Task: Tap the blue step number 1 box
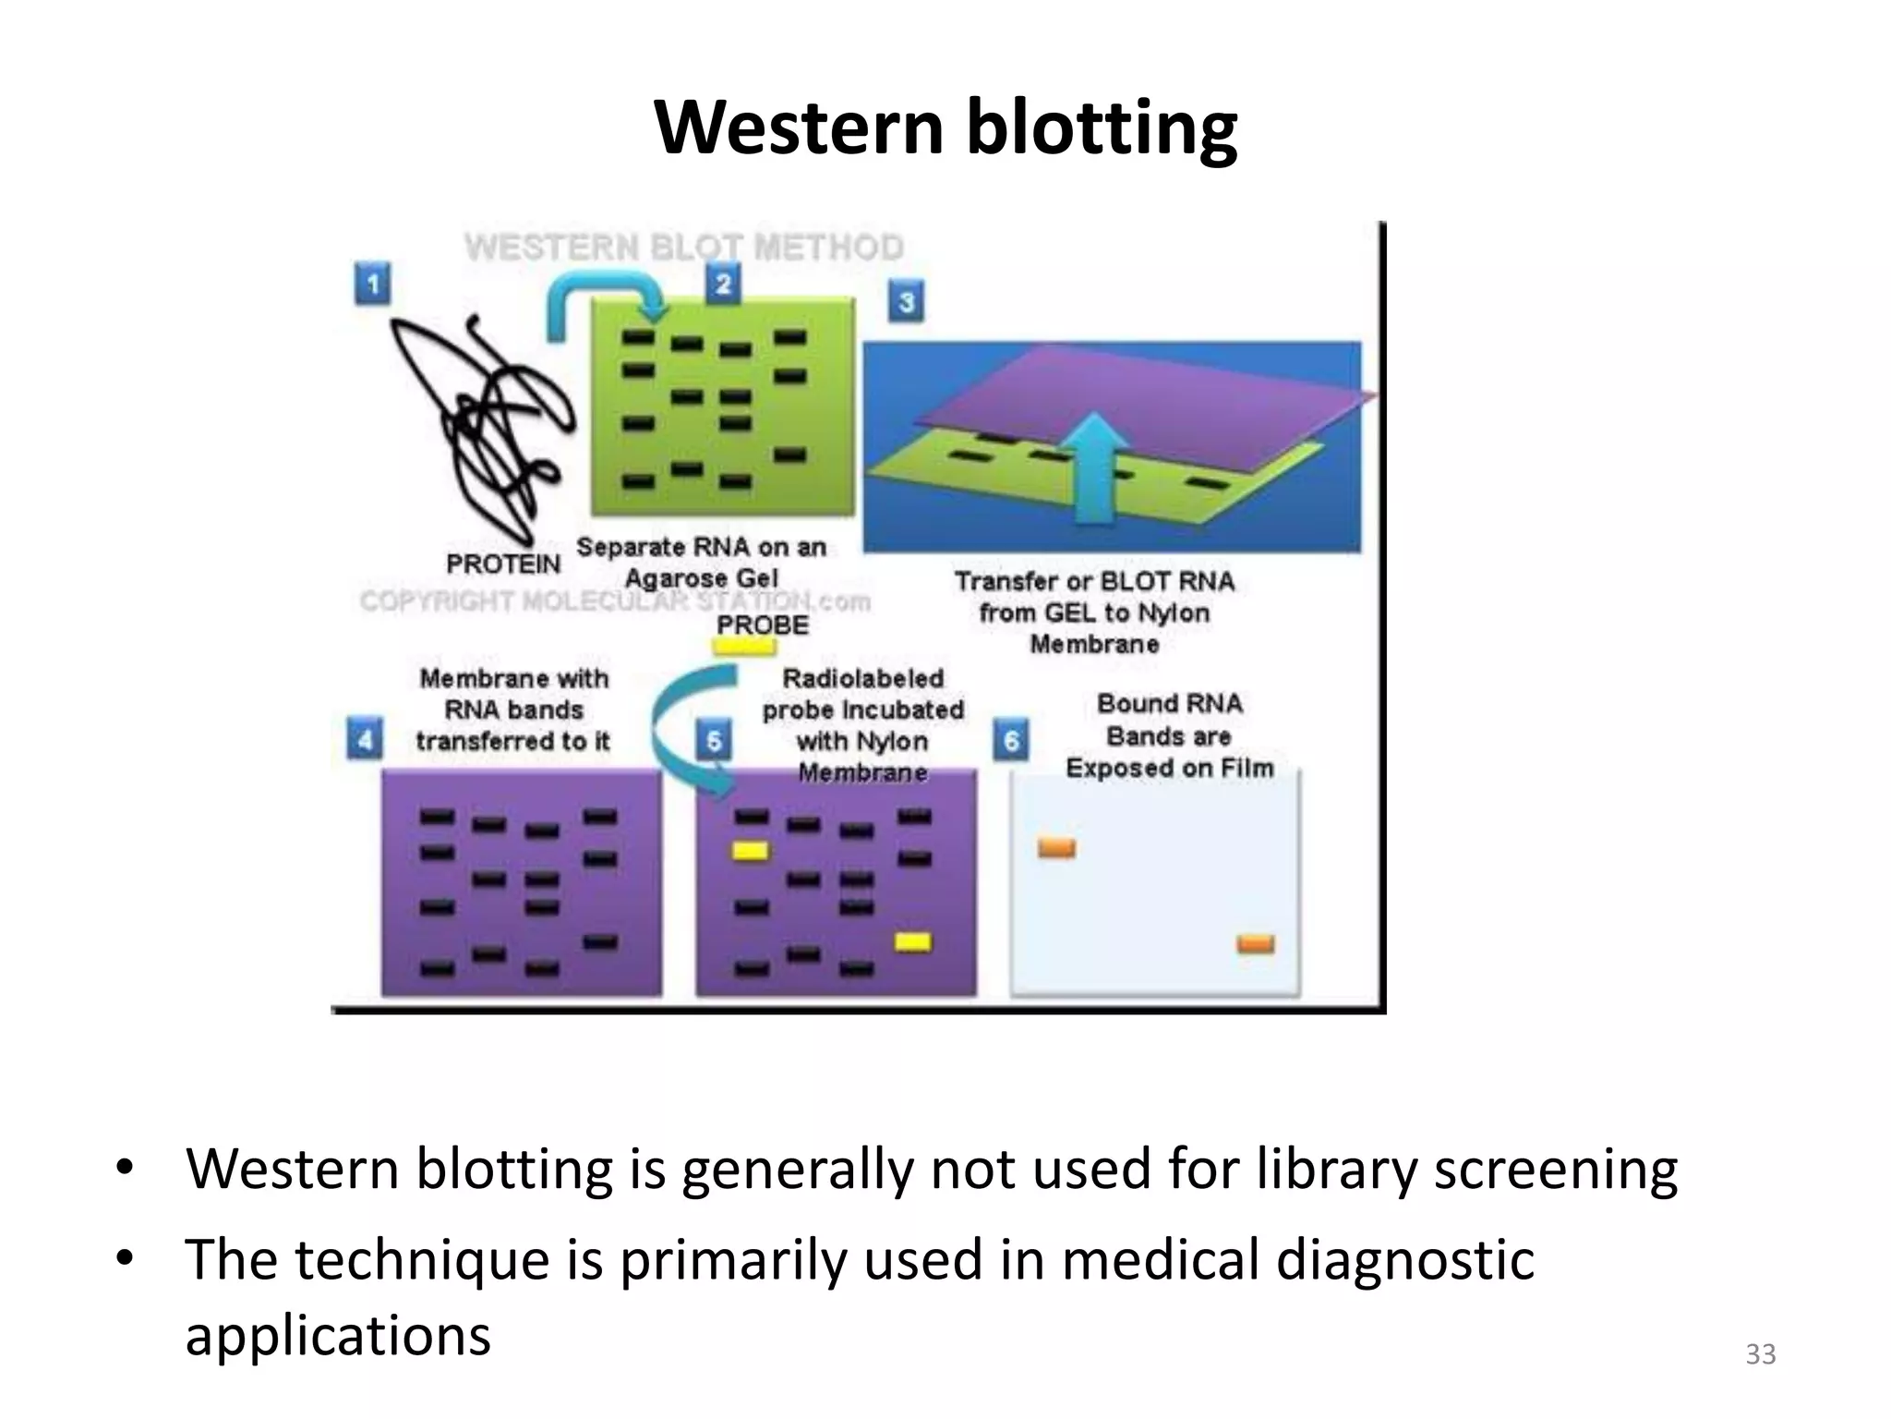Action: click(372, 284)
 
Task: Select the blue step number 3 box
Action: click(906, 302)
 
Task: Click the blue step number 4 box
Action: click(365, 740)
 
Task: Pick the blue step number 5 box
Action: click(714, 740)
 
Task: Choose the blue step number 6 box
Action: click(1011, 740)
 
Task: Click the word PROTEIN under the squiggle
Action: click(503, 564)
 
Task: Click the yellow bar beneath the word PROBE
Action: click(745, 647)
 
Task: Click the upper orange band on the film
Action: click(1056, 847)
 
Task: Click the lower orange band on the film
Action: click(1255, 943)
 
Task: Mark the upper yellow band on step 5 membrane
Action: click(750, 850)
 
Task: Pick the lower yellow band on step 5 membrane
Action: click(912, 941)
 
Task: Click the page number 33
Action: click(1760, 1354)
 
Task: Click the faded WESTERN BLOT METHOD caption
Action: click(683, 248)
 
